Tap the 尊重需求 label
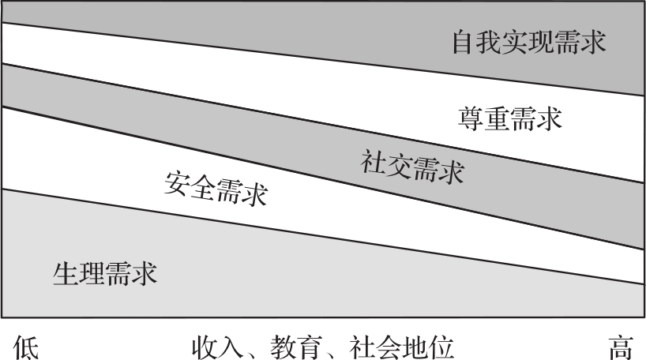(x=509, y=120)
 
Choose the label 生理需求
(x=104, y=274)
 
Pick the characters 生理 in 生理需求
(x=78, y=274)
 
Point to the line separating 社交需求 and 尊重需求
(x=316, y=121)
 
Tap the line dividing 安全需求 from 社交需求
(x=316, y=176)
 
